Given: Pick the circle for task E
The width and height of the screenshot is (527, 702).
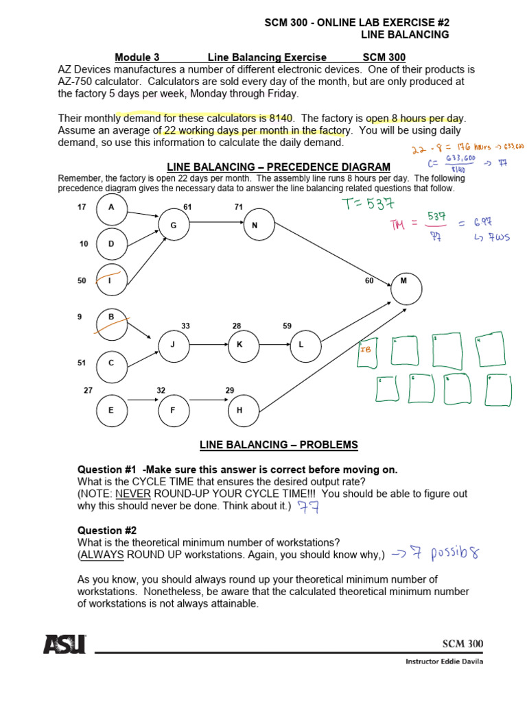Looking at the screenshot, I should point(112,411).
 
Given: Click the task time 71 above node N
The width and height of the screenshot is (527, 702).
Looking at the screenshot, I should point(239,206).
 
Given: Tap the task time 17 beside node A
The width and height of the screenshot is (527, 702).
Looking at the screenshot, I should point(82,206).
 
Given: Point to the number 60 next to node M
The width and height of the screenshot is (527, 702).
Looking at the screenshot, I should point(370,280).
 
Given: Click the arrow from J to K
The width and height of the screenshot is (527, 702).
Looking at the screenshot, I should point(209,345).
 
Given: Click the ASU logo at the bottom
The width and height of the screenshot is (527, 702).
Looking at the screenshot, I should point(65,644).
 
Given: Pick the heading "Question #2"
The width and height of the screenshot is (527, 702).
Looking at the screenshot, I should point(107,531).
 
